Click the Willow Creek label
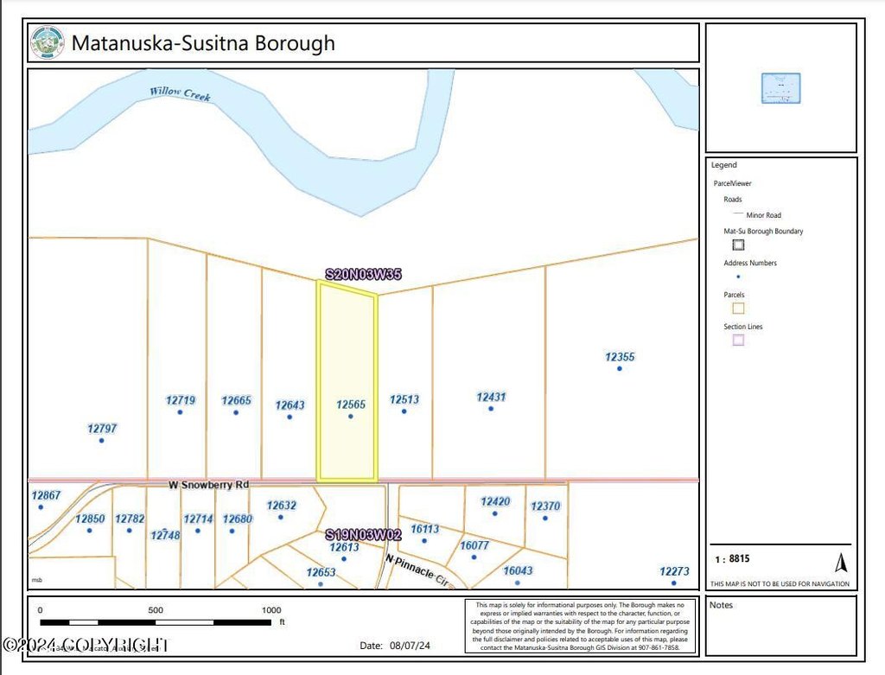tap(180, 93)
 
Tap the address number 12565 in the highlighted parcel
tap(351, 404)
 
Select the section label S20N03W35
tap(363, 275)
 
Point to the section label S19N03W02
tap(363, 535)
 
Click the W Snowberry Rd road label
tap(208, 486)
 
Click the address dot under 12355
tap(619, 369)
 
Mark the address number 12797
tap(102, 428)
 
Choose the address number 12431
tap(491, 397)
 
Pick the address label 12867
tap(46, 495)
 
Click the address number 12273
tap(674, 570)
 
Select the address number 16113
tap(424, 528)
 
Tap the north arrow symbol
tap(840, 563)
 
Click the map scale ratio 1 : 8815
tap(732, 559)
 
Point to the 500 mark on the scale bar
tap(156, 610)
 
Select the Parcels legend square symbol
tap(738, 308)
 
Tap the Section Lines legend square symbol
tap(738, 340)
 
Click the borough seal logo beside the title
tap(47, 42)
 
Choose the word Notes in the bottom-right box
tap(721, 605)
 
